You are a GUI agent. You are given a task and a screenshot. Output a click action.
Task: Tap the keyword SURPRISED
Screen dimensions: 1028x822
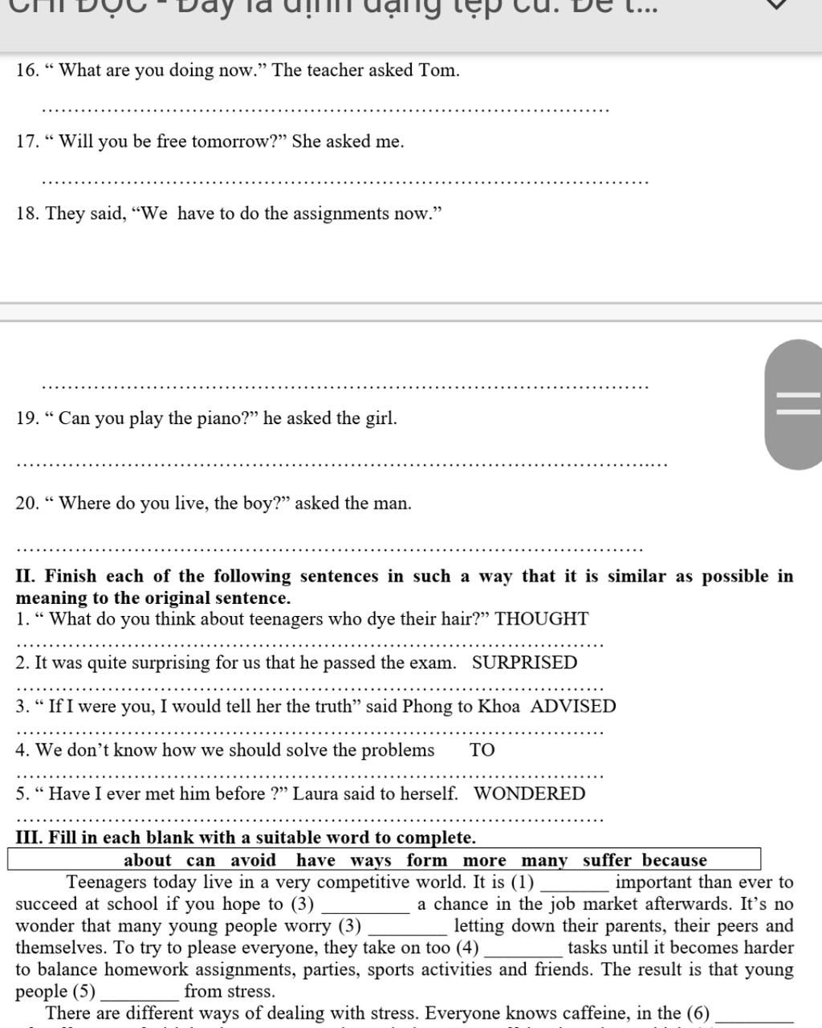tap(524, 663)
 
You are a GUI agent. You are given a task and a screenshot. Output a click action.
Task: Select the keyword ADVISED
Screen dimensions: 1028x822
tap(573, 707)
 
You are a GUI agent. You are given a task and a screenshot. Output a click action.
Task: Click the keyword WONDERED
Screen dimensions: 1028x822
tap(530, 793)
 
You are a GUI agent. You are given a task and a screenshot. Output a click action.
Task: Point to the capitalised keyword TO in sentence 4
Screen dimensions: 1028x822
tap(482, 750)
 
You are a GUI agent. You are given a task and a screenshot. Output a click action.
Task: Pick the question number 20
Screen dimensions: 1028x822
tap(26, 504)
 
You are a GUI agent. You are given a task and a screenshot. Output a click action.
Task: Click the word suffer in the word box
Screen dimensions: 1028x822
tap(607, 860)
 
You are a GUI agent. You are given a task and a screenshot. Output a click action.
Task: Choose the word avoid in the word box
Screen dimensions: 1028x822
tap(253, 860)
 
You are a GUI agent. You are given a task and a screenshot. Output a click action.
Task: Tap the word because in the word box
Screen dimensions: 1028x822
tap(674, 860)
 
